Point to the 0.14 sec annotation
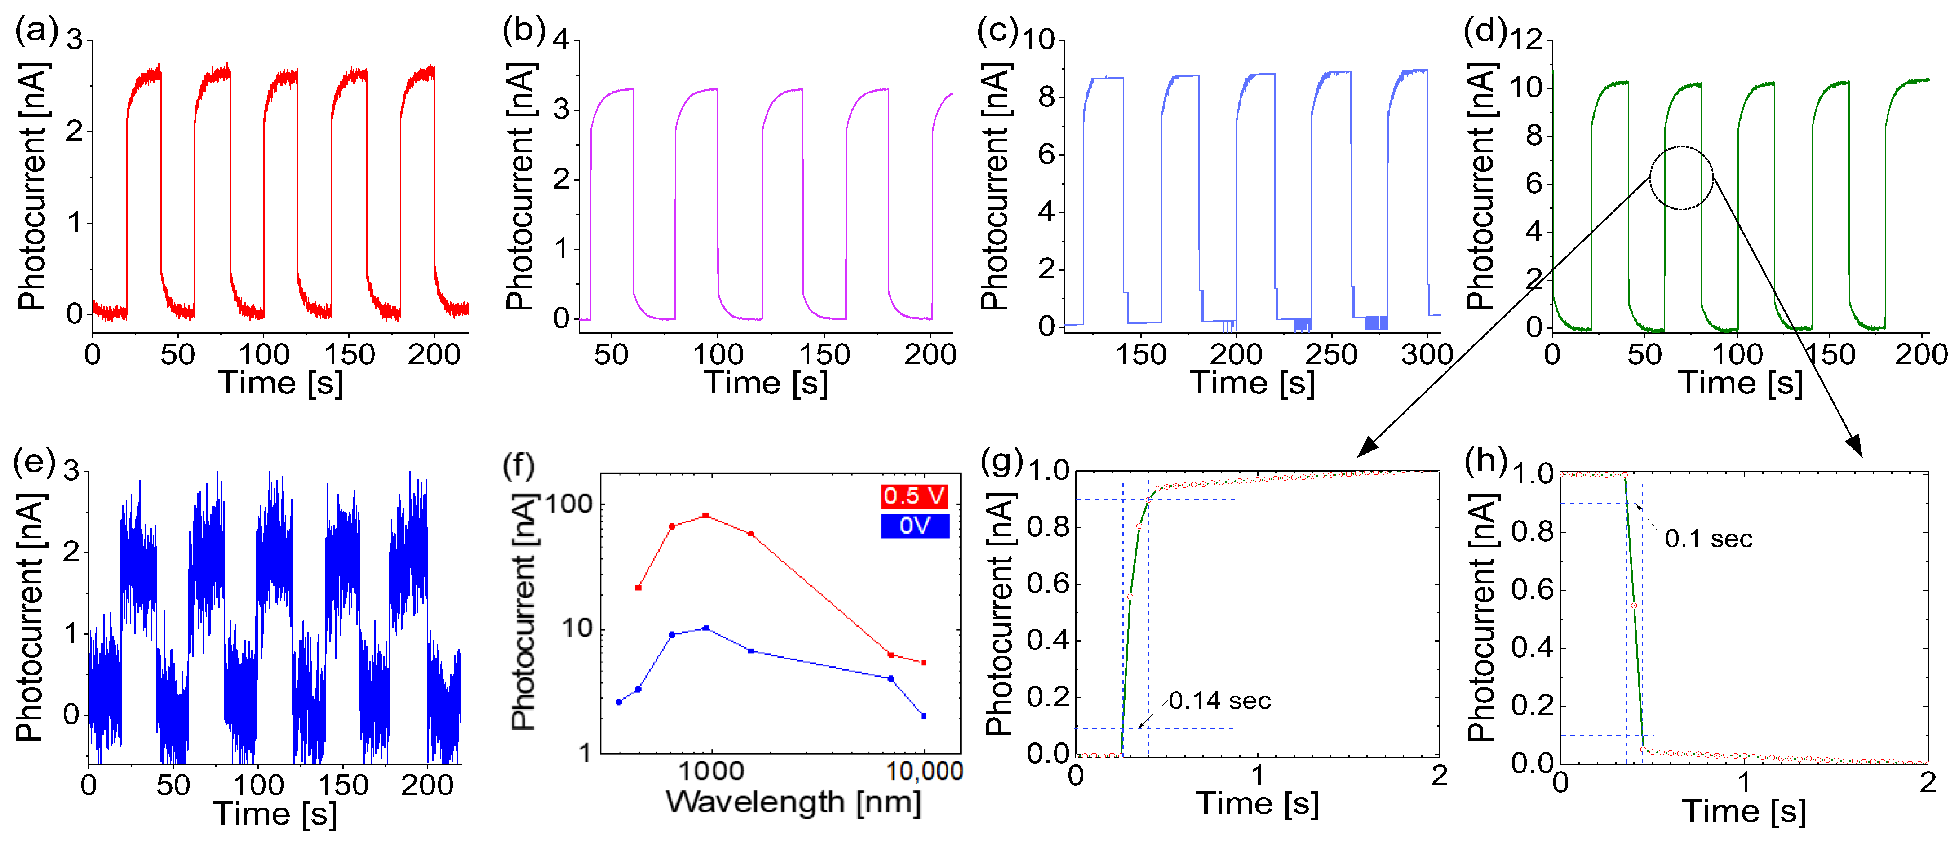coord(1219,700)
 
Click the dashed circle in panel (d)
coord(1681,178)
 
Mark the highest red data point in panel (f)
coord(706,516)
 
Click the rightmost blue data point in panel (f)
coord(923,716)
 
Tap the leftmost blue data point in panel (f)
coord(619,702)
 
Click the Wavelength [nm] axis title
coord(793,802)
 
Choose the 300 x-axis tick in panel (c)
coord(1427,354)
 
